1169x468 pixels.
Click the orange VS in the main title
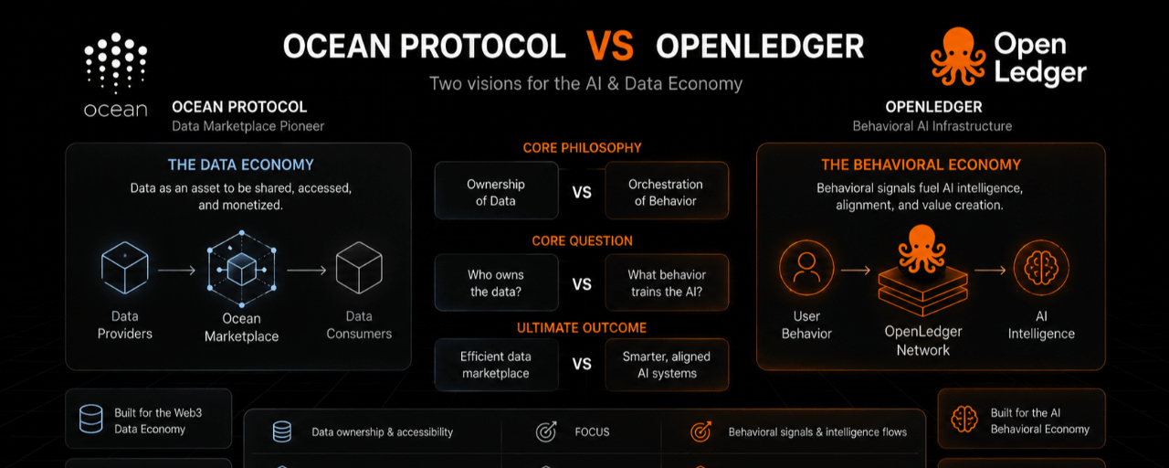pos(609,46)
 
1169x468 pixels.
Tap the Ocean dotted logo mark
pos(115,63)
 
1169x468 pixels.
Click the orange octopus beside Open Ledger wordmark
pos(958,57)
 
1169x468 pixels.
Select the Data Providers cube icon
pos(125,268)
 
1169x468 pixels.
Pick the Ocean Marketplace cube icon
pos(242,269)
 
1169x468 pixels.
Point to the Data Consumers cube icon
pos(359,268)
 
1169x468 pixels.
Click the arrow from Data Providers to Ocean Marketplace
pos(176,270)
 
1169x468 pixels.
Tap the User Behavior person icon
pos(806,268)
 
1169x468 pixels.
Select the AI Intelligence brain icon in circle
pos(1041,268)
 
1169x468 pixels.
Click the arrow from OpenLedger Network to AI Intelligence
pos(990,270)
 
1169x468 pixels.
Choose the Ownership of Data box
pos(496,190)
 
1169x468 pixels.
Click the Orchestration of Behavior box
pos(667,190)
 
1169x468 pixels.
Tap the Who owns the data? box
pos(496,282)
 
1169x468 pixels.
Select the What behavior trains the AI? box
pos(667,282)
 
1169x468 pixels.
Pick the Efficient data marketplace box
pos(496,365)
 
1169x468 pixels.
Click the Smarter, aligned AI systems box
pos(667,365)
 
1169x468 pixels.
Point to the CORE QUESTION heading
pos(582,240)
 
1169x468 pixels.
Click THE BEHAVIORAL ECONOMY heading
pos(921,165)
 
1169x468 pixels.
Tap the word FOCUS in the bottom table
pos(592,432)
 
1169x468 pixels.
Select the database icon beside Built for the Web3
pos(90,419)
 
